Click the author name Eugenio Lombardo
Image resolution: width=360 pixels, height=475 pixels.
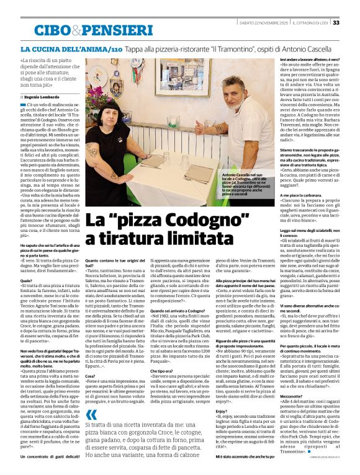(x=43, y=97)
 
